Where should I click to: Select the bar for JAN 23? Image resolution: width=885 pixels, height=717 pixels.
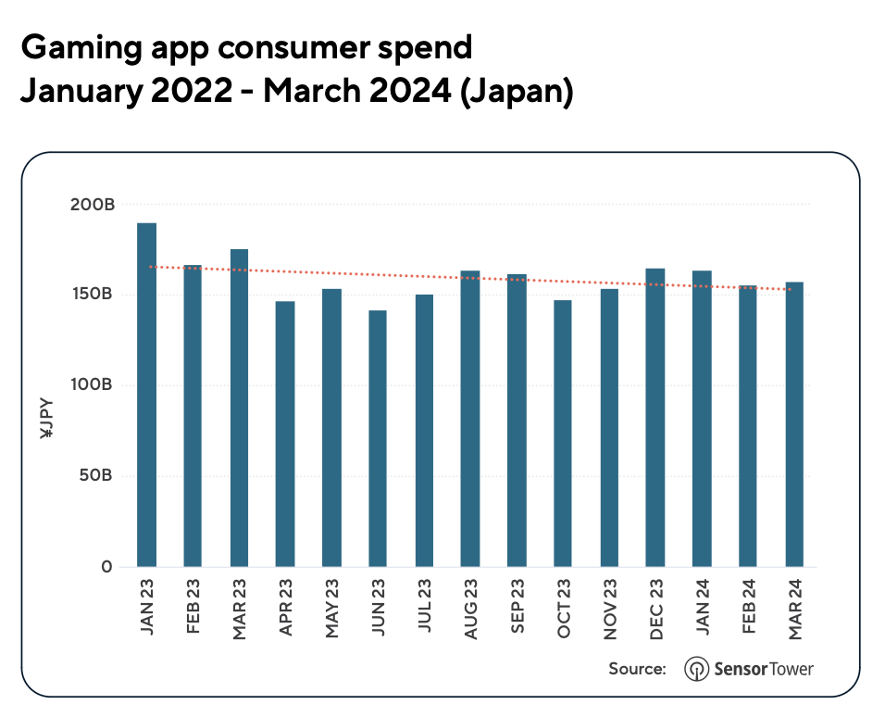tap(146, 395)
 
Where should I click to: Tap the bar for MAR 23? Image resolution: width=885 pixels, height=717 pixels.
tap(239, 408)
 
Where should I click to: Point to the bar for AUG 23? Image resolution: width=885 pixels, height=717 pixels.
tap(470, 419)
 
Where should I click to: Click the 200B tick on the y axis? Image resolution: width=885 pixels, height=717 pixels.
tap(93, 205)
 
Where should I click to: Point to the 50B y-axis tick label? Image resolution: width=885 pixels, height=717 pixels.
tap(96, 476)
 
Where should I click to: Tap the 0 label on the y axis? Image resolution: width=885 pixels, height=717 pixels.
tap(107, 567)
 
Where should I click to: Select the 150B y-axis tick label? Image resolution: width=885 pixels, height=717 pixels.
tap(93, 295)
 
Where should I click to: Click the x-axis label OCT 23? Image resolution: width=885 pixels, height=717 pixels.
tap(563, 608)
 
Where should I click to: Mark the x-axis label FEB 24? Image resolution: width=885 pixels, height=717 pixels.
tap(748, 608)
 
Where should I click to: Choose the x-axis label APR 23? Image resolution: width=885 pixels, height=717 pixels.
tap(285, 608)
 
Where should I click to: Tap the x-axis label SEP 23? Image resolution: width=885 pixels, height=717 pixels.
tap(517, 608)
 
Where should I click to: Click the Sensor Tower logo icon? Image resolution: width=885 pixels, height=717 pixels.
tap(696, 669)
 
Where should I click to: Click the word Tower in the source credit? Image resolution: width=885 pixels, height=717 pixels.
tap(790, 669)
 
